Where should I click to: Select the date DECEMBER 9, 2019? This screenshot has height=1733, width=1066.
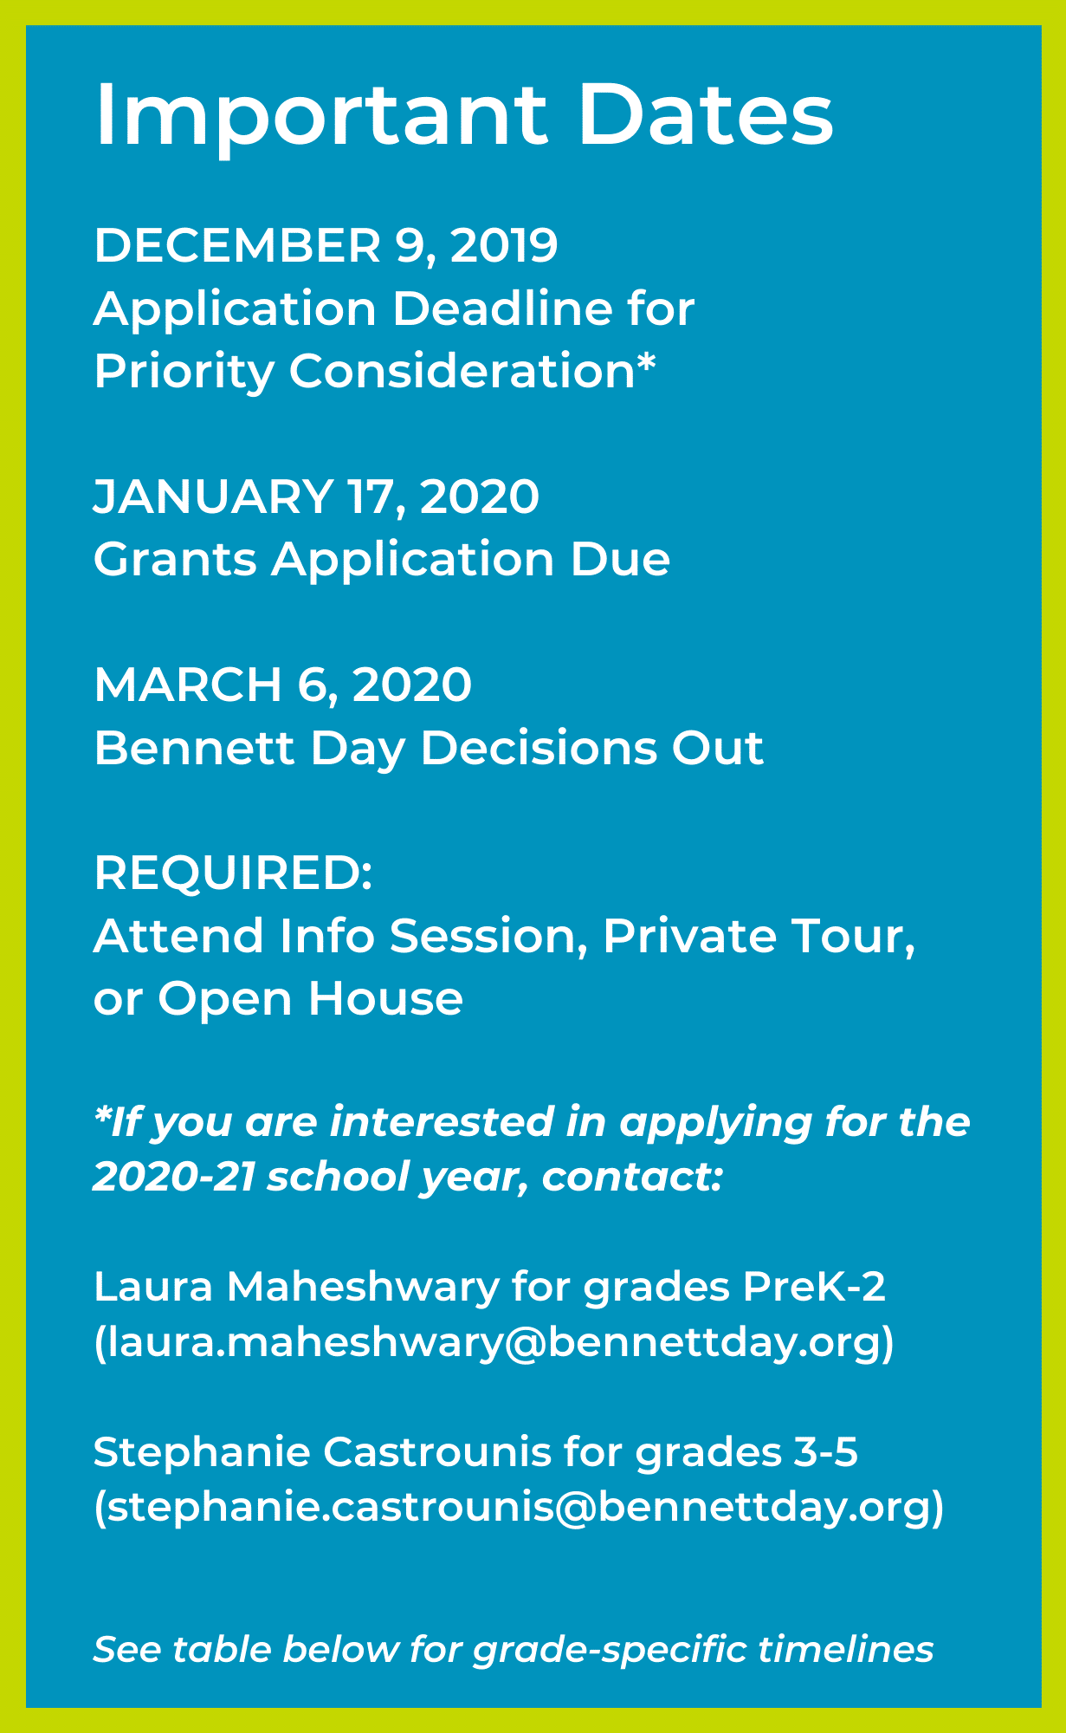pos(326,245)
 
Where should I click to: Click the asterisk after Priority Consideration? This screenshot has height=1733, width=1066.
pos(646,364)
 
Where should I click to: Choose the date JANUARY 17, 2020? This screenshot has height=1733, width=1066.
pos(316,497)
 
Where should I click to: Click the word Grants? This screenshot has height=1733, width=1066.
pos(175,559)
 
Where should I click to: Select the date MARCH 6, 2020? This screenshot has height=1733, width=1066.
pos(282,685)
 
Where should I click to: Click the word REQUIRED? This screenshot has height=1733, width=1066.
pos(233,873)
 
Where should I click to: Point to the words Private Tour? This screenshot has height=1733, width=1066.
pos(757,936)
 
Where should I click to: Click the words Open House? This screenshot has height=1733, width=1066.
pos(310,998)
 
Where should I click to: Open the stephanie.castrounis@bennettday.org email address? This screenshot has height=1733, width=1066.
pos(519,1509)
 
